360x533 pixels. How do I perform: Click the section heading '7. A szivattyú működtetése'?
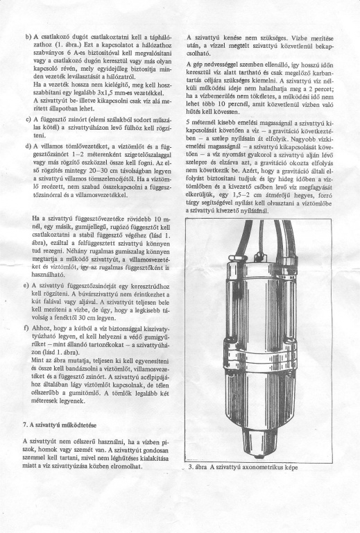pos(60,425)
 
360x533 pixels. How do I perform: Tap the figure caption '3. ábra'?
pos(197,467)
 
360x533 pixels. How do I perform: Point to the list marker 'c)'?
pos(28,119)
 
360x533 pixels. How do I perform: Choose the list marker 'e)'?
pos(26,285)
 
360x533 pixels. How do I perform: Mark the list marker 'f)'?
pos(26,328)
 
